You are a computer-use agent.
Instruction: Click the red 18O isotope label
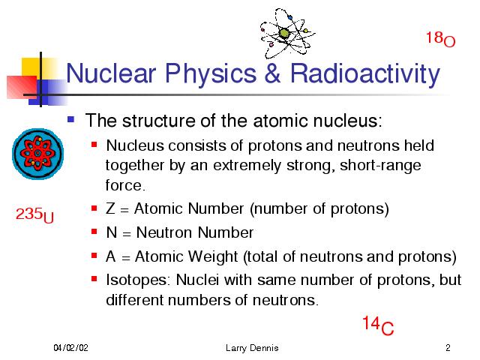(440, 40)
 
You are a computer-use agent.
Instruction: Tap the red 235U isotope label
(34, 215)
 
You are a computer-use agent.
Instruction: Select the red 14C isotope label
(378, 325)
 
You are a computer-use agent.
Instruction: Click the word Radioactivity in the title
(365, 74)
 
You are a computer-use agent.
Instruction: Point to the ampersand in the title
(272, 73)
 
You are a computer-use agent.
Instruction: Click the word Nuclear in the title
(111, 73)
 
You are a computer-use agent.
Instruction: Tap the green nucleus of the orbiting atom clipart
(284, 33)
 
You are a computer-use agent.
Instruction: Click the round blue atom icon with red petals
(38, 154)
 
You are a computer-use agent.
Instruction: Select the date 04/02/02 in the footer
(70, 348)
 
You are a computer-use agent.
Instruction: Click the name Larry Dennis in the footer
(252, 348)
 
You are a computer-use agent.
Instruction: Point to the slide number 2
(448, 348)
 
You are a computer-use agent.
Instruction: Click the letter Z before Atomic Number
(110, 208)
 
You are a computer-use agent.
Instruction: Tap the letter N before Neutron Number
(112, 232)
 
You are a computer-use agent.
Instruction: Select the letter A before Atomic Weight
(110, 256)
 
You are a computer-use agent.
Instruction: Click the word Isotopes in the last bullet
(136, 280)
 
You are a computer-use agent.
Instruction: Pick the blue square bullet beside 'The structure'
(71, 119)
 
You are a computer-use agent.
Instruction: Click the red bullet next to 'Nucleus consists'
(94, 144)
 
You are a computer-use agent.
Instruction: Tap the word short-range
(380, 166)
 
